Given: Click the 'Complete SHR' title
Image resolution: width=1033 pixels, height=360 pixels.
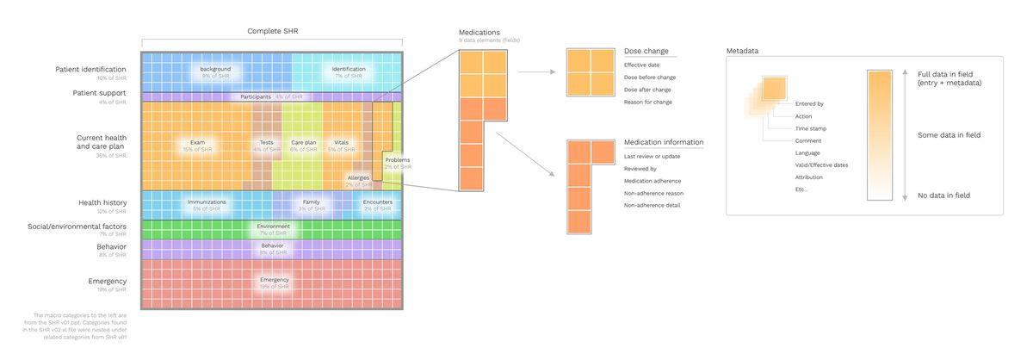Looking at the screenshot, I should [272, 32].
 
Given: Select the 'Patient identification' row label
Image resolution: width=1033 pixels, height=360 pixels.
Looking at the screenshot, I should [90, 69].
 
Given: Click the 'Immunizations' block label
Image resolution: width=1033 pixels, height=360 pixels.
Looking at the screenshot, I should [207, 202].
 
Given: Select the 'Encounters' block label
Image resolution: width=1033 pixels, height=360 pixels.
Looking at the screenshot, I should [378, 202].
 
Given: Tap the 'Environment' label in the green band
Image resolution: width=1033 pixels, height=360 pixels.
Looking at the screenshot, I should [273, 226].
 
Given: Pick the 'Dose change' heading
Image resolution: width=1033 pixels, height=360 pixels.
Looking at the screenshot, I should [646, 51].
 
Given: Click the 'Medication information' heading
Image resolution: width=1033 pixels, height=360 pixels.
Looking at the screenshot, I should [664, 142].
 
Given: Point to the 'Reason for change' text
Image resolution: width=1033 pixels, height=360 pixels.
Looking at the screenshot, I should [647, 102].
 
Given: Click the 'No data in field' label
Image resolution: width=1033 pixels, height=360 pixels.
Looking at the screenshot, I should [944, 196].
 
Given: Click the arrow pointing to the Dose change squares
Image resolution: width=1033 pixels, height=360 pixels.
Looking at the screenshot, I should [540, 74].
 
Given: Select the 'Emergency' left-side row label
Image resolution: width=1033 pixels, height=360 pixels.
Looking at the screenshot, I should [108, 282].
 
